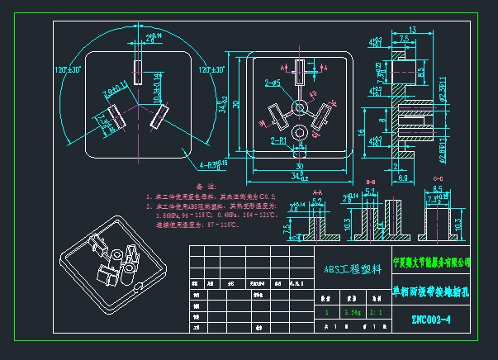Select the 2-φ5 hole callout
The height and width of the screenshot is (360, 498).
(x=273, y=83)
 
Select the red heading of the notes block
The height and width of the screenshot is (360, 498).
(x=193, y=187)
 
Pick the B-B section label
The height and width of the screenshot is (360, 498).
(x=369, y=181)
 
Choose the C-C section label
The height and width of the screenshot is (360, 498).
(x=437, y=181)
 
